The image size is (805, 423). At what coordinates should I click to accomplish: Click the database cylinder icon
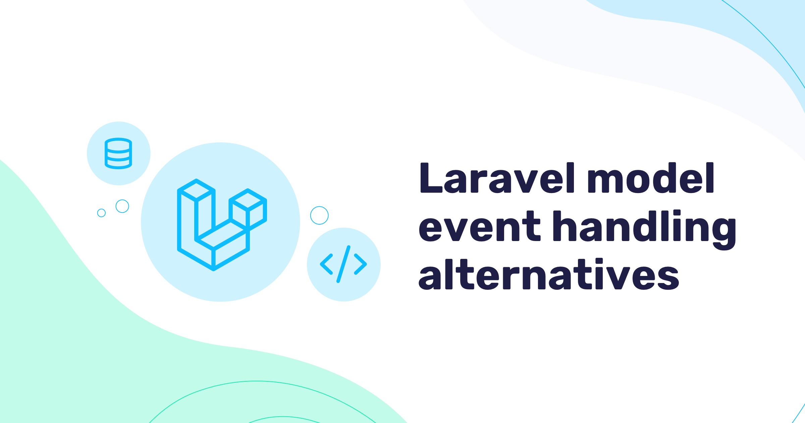pyautogui.click(x=118, y=153)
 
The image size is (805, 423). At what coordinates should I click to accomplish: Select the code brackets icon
pyautogui.click(x=343, y=264)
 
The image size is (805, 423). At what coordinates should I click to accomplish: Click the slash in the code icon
pyautogui.click(x=343, y=264)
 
